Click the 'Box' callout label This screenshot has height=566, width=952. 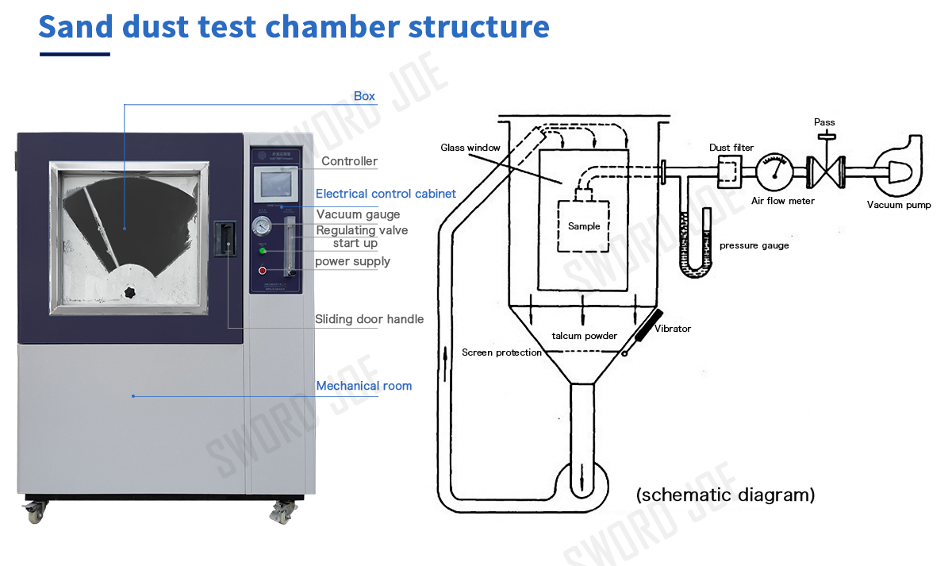364,96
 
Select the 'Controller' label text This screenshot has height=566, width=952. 349,161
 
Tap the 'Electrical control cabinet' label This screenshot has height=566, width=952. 386,194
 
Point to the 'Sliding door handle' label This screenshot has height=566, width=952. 369,319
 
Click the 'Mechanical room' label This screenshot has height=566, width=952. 364,386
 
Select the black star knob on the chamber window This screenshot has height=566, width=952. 129,293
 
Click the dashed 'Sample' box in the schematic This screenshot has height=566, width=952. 584,226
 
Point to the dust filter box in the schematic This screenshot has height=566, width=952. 729,169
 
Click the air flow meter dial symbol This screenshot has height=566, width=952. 774,171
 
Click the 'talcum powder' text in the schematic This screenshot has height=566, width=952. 585,336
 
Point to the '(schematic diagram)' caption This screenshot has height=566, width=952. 725,495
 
